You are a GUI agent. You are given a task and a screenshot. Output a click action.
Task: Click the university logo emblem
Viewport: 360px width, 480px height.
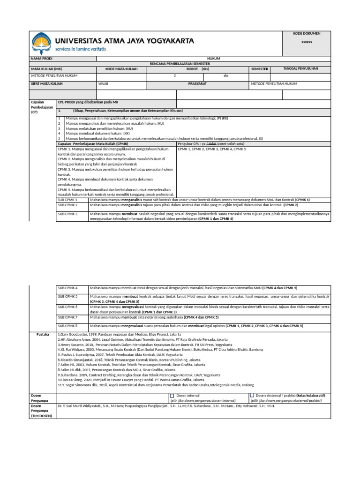[x=41, y=43]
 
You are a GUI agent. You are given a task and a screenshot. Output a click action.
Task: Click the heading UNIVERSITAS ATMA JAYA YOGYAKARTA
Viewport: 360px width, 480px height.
[x=125, y=41]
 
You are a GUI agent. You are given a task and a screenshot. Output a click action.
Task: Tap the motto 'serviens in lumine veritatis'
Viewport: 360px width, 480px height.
[x=81, y=49]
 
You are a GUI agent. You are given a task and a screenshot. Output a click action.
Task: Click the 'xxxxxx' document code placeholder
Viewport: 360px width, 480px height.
[x=306, y=42]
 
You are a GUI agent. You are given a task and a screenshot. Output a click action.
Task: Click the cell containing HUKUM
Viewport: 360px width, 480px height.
[x=213, y=59]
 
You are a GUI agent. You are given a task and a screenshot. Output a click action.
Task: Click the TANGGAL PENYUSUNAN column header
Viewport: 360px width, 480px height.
[x=300, y=68]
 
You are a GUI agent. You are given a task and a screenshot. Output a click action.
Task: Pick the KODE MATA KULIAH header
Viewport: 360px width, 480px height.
[x=121, y=69]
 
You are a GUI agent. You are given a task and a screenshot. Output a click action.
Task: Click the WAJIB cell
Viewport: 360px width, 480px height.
[x=103, y=83]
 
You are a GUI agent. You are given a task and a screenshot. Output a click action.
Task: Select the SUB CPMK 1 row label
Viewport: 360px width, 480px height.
[x=67, y=200]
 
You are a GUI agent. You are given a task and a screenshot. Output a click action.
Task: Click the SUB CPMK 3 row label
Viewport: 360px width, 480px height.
[x=67, y=214]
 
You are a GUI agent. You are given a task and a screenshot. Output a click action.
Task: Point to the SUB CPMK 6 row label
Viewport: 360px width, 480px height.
[x=67, y=307]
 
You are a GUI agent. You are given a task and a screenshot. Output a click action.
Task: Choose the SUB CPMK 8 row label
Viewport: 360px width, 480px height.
[x=67, y=325]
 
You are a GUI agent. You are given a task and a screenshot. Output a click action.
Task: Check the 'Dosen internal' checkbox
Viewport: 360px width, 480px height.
[x=172, y=396]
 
